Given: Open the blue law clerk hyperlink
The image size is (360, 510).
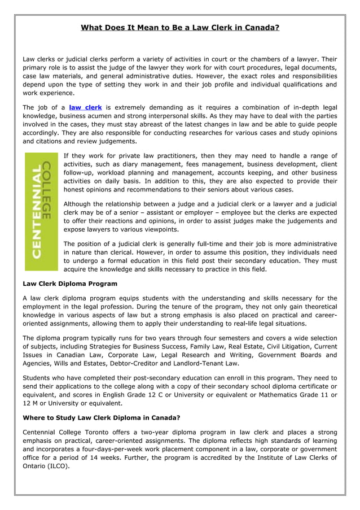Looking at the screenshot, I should (85, 107).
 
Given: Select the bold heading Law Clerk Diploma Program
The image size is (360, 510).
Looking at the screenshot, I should (70, 284).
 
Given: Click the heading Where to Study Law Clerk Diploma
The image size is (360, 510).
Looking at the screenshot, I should (101, 418).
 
